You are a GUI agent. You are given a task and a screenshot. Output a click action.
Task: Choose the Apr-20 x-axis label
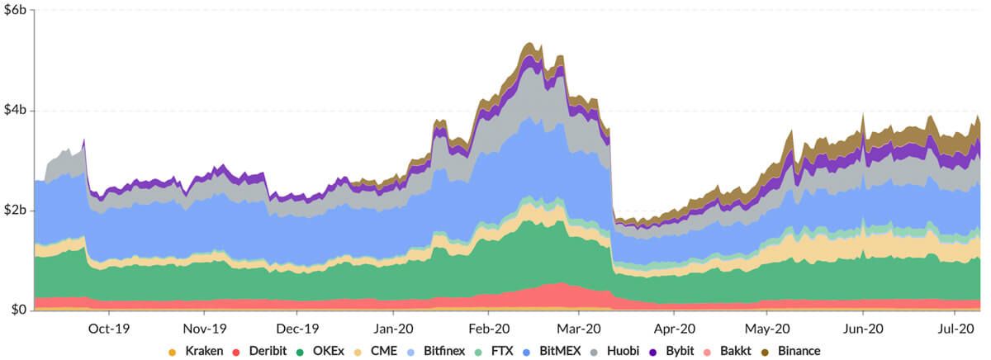674,327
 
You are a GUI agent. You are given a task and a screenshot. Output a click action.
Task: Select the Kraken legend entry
195,350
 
